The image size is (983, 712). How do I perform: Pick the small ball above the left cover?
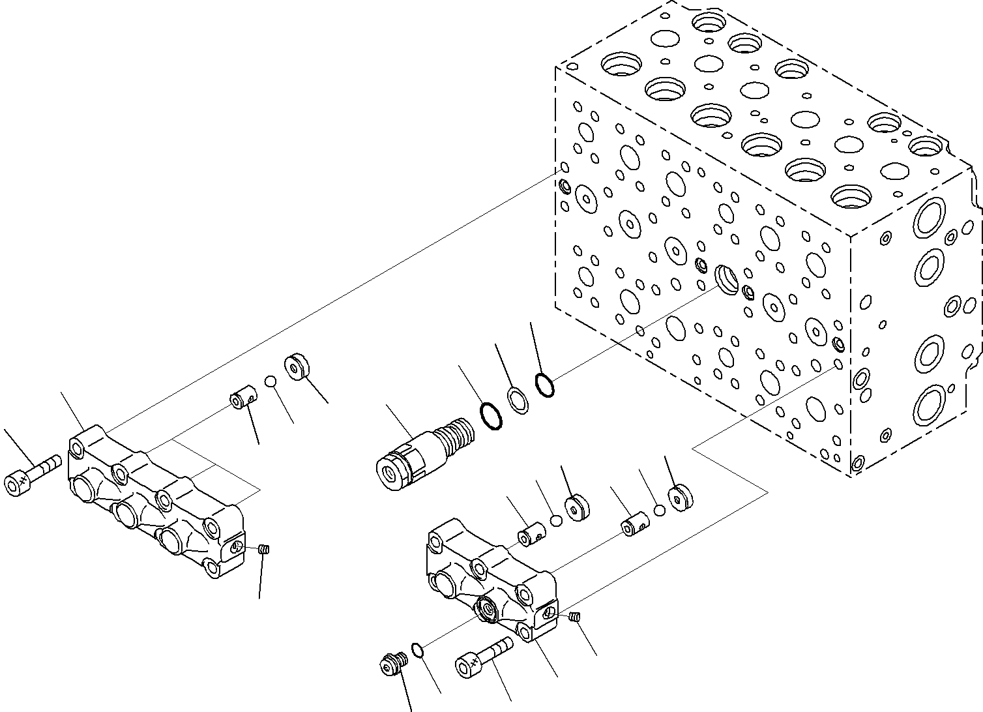(271, 381)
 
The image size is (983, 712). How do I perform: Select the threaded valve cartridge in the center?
(424, 451)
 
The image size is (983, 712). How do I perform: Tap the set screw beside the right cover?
(575, 617)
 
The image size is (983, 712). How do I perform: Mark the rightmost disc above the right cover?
(681, 499)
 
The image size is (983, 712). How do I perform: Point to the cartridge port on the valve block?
(727, 278)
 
